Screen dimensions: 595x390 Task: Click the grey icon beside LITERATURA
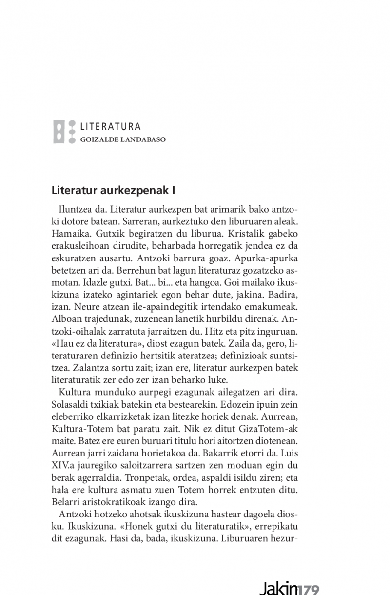(x=63, y=132)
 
